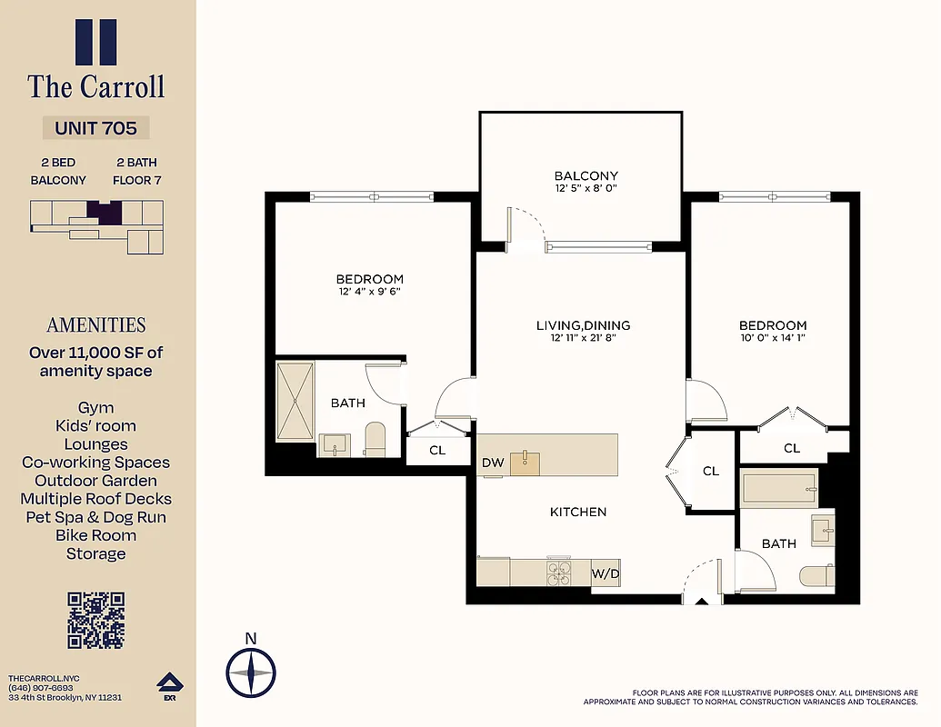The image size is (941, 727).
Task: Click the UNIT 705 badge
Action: (x=95, y=128)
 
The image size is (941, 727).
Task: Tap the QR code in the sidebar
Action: (x=95, y=619)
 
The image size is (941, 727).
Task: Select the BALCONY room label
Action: (x=586, y=176)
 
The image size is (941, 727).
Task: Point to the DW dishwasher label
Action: (x=493, y=463)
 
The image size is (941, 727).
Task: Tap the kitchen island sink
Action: (x=525, y=462)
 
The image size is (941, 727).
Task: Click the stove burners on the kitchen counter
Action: (x=558, y=573)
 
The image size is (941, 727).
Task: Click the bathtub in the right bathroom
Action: (x=780, y=488)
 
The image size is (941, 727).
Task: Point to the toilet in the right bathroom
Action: (x=816, y=576)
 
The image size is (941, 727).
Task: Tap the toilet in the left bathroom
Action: (x=375, y=439)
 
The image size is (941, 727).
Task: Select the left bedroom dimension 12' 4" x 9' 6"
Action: (x=369, y=292)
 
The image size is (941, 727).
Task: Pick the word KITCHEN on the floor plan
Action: (x=578, y=512)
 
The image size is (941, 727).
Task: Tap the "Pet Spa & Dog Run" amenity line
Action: (x=95, y=517)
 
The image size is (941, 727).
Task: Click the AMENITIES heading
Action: (x=95, y=325)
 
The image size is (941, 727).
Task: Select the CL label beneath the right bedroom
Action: (x=792, y=448)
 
